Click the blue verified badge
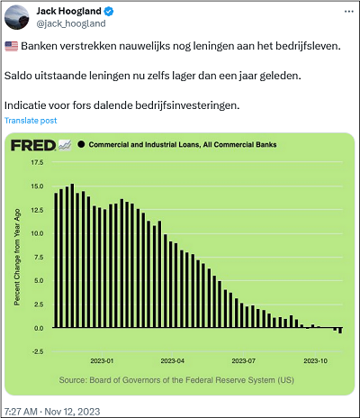(109, 12)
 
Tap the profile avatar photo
(17, 17)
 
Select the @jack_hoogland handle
(71, 23)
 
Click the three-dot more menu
(349, 12)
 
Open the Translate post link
(31, 121)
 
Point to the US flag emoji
(12, 47)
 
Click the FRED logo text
(33, 145)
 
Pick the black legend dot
(81, 144)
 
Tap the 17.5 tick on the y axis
(37, 162)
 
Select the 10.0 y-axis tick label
(37, 233)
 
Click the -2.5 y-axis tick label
(37, 351)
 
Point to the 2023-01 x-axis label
(102, 360)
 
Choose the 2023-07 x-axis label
(244, 360)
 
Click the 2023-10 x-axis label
(316, 360)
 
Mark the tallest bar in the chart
(72, 256)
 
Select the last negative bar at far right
(340, 331)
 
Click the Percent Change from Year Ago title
(17, 257)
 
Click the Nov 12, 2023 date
(72, 412)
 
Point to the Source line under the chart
(176, 380)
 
